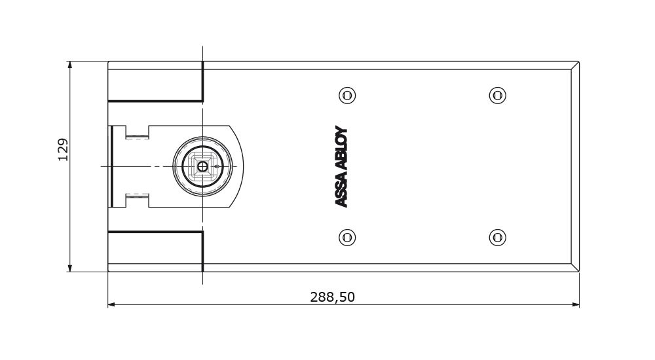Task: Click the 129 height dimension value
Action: pos(63,150)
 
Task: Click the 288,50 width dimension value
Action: pos(332,297)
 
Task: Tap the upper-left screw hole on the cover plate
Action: pos(347,96)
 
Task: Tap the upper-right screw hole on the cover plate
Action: pos(498,96)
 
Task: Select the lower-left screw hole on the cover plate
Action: pos(347,237)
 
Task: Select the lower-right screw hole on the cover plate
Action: pos(498,237)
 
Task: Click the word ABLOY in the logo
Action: pos(341,145)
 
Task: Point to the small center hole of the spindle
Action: pos(202,167)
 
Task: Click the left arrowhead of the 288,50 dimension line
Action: pos(111,304)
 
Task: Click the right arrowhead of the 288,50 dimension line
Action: pos(576,304)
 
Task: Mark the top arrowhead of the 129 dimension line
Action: pos(69,65)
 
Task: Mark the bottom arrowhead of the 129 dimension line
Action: pos(69,268)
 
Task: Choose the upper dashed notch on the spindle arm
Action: pos(137,137)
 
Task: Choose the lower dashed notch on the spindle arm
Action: pos(137,195)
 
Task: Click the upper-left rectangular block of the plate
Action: pos(155,82)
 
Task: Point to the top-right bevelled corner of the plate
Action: pos(575,65)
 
